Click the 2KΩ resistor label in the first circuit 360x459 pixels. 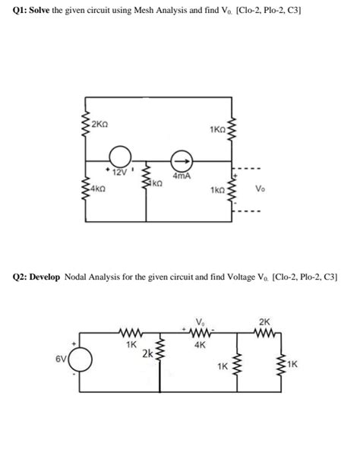pos(100,124)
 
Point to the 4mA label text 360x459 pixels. pos(181,176)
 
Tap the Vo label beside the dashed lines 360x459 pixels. pos(261,188)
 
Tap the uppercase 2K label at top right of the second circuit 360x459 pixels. pos(264,321)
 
